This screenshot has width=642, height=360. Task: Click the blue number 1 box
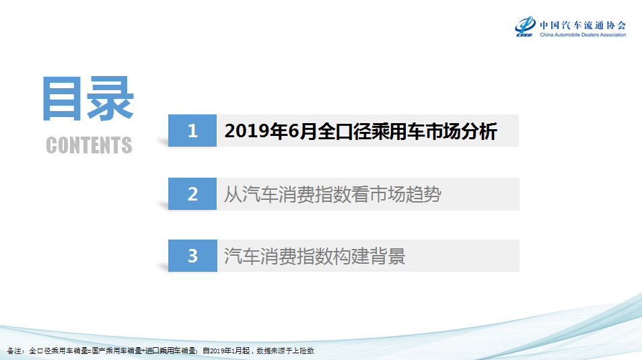click(x=192, y=131)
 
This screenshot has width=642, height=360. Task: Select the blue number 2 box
click(x=192, y=194)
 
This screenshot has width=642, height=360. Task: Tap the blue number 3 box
click(x=192, y=256)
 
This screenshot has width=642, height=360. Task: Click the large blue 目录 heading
click(x=88, y=99)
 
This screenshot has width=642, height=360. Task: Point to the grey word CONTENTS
click(x=89, y=145)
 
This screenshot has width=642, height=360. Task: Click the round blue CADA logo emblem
click(x=525, y=26)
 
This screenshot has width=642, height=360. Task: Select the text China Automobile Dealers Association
click(x=583, y=35)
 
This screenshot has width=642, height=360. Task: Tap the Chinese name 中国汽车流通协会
click(x=583, y=25)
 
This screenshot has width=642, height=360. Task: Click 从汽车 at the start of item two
click(x=251, y=194)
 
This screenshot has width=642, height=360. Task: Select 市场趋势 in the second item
click(x=405, y=194)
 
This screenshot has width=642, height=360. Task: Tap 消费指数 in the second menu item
click(x=314, y=194)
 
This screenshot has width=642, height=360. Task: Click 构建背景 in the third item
click(x=369, y=256)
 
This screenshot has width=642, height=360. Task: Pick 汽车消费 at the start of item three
click(x=260, y=256)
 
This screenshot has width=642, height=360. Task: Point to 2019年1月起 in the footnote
click(x=226, y=351)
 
